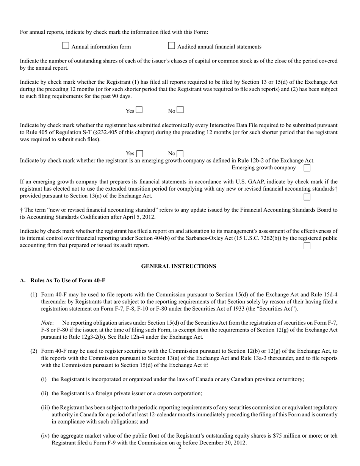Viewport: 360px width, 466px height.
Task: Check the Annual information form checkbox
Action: (66, 46)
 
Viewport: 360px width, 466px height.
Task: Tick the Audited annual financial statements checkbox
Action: (171, 46)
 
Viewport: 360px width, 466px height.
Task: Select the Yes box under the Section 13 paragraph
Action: (139, 110)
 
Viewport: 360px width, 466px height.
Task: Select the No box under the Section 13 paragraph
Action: (180, 110)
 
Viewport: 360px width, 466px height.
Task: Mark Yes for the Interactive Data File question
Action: (139, 154)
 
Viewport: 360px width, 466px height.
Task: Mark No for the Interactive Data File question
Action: (180, 154)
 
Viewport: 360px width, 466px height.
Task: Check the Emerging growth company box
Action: (307, 167)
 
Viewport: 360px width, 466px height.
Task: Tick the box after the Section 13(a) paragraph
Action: (307, 197)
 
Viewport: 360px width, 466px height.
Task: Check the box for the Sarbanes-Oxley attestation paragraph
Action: (307, 246)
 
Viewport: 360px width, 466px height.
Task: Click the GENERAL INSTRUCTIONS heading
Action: (178, 266)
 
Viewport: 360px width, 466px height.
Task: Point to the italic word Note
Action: (47, 323)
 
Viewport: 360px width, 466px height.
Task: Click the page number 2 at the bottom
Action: (180, 447)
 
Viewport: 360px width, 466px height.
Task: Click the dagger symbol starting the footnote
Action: (21, 210)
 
